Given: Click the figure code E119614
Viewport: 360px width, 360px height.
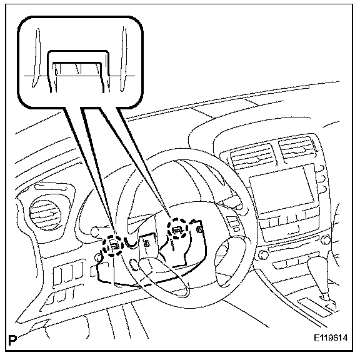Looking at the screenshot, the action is (331, 338).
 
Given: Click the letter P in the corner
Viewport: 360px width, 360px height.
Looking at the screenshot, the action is (12, 341).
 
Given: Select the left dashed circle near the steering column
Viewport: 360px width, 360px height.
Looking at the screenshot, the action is (113, 246).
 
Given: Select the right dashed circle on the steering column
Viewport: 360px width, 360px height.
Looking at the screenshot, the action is (177, 229).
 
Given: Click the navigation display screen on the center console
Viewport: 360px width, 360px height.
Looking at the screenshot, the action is (282, 189).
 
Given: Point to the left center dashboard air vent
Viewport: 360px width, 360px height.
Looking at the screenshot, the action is (252, 157).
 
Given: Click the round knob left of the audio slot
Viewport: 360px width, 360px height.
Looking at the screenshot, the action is (263, 255).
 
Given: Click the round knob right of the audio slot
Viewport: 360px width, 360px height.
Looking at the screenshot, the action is (326, 240).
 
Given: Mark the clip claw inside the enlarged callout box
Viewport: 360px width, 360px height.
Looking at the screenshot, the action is (77, 69).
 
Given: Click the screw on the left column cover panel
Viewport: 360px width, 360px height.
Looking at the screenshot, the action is (146, 244).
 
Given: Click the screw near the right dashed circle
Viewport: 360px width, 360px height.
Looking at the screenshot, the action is (200, 229).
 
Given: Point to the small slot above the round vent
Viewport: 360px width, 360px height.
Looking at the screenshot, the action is (51, 187).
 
